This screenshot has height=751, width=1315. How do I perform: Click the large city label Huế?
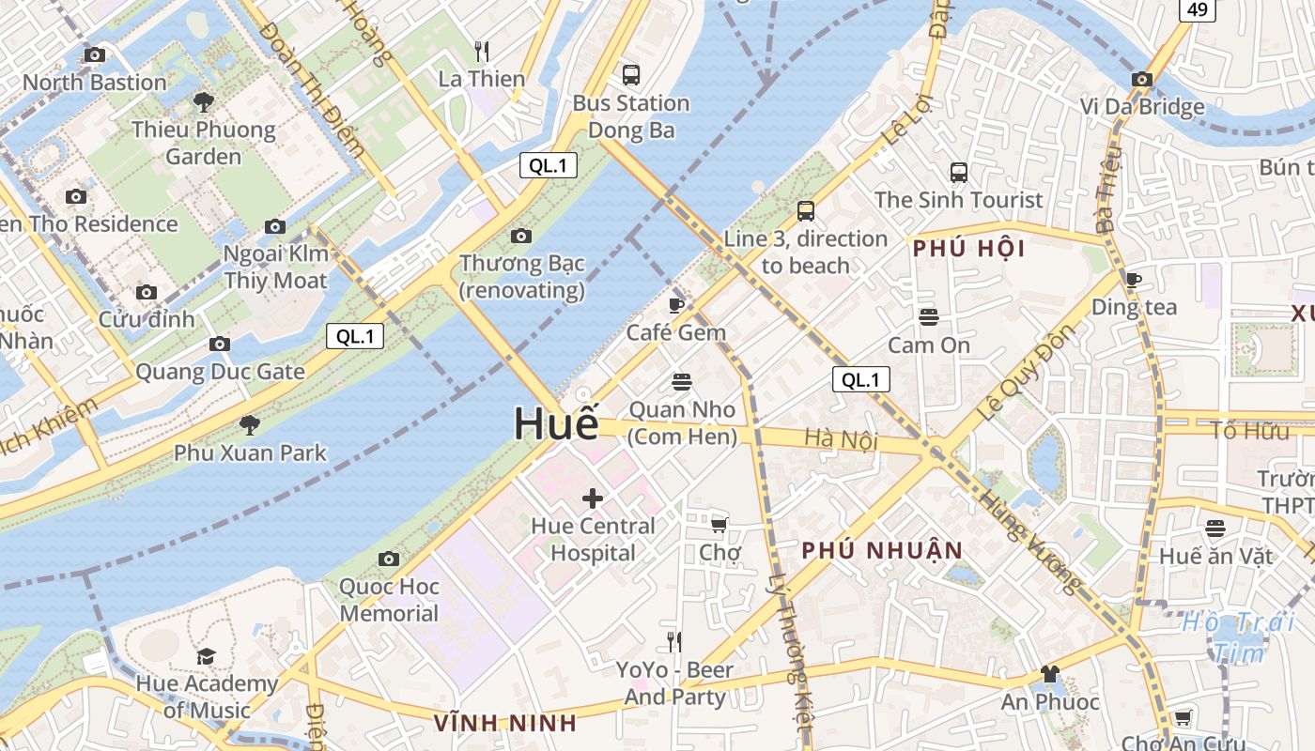[x=556, y=424]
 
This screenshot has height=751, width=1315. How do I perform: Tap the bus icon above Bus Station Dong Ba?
[x=631, y=74]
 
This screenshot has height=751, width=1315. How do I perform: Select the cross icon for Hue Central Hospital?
[x=593, y=498]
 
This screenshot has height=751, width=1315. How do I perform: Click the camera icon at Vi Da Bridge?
[x=1142, y=79]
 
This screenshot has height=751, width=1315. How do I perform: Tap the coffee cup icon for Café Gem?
[x=676, y=304]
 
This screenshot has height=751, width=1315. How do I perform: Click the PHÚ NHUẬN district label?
[x=882, y=550]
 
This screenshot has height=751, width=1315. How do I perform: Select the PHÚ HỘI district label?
[x=969, y=249]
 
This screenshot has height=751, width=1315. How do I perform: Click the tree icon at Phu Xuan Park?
[x=250, y=424]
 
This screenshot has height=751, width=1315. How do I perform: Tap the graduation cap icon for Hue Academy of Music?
[x=207, y=655]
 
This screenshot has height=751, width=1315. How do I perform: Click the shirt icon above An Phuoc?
[x=1050, y=673]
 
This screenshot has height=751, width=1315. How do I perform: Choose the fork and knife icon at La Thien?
[x=482, y=51]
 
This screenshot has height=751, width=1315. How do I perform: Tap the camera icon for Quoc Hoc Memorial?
[x=389, y=559]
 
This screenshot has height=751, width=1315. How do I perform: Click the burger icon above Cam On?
[x=929, y=316]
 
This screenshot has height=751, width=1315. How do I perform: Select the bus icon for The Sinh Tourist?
[x=959, y=172]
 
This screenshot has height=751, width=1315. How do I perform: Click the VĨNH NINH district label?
[x=505, y=723]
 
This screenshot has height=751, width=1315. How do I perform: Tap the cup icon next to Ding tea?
[x=1134, y=279]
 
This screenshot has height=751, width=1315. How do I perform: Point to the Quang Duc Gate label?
[x=220, y=372]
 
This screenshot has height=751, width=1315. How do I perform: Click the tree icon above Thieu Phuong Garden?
[x=204, y=101]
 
